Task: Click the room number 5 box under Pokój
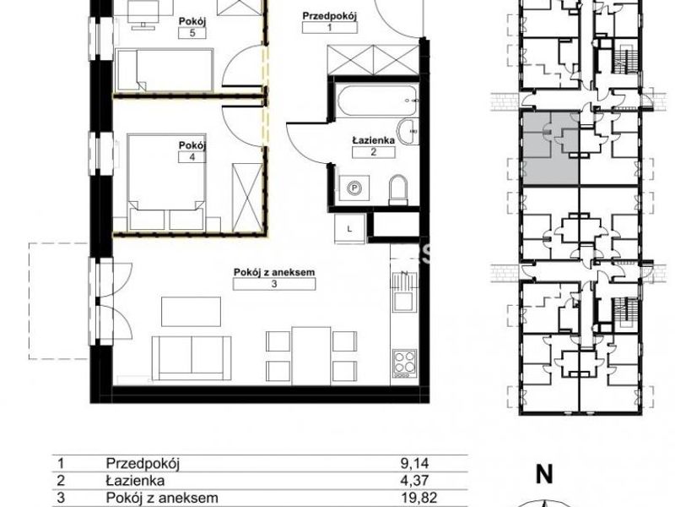[x=192, y=33]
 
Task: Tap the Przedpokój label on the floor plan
[x=330, y=16]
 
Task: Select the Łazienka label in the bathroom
[x=373, y=140]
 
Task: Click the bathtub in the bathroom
[x=377, y=101]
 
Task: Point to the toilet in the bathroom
[x=397, y=190]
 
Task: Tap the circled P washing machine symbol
[x=354, y=188]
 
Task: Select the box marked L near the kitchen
[x=349, y=229]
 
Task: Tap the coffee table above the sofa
[x=191, y=311]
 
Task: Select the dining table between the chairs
[x=311, y=355]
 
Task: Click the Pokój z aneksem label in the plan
[x=274, y=272]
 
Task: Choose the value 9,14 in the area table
[x=413, y=464]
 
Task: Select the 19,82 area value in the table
[x=413, y=498]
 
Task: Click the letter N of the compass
[x=544, y=474]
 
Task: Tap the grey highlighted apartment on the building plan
[x=551, y=148]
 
